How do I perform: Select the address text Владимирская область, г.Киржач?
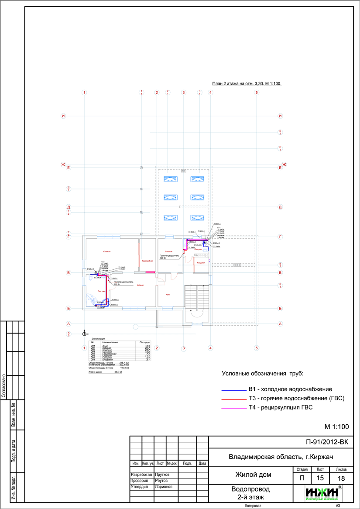(281, 457)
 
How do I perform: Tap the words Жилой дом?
(253, 475)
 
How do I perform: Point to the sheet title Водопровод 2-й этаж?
(250, 493)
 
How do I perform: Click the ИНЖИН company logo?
(324, 493)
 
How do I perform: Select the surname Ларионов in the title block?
(164, 486)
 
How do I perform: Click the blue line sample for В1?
(234, 389)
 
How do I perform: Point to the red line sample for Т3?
(234, 399)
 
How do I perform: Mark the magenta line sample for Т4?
(234, 408)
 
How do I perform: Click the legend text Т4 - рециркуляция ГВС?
(281, 408)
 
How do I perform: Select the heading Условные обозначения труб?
(262, 374)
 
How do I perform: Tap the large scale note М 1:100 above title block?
(336, 426)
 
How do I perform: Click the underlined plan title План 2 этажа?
(247, 83)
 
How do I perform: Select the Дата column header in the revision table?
(202, 463)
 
